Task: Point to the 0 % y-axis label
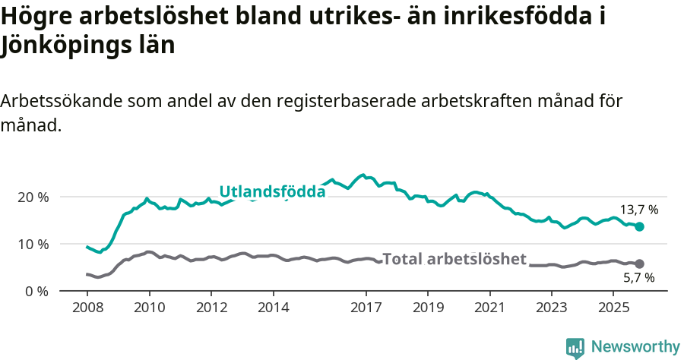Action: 37,291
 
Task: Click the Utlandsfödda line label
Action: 272,191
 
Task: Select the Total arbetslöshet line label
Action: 454,259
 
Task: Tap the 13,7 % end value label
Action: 639,210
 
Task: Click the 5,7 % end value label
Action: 639,279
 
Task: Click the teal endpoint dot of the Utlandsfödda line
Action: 639,226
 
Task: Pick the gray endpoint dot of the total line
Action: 639,264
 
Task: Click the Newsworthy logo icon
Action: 575,347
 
